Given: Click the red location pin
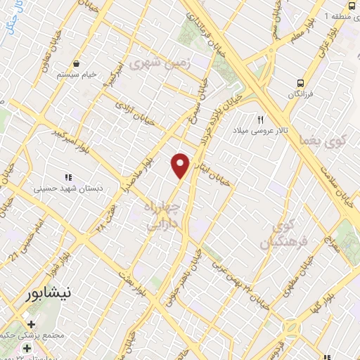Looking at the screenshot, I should coord(181,165).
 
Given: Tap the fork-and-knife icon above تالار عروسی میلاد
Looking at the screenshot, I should coord(261,120).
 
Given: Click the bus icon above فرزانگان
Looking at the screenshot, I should coord(301,81).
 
